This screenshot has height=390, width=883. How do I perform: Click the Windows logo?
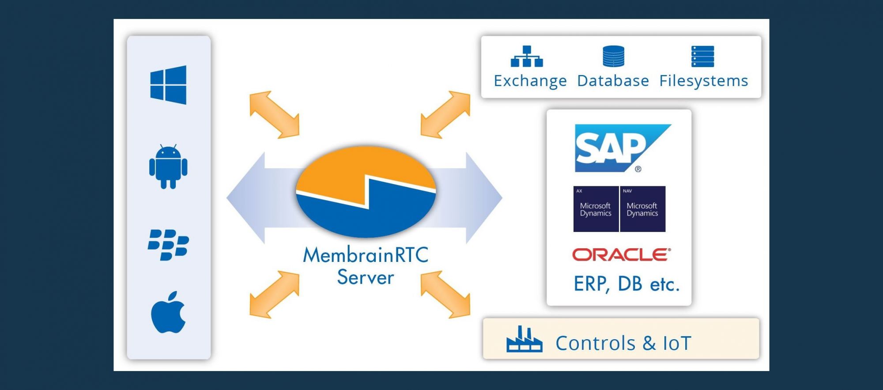(168, 85)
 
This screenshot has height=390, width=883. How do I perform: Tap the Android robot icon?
(168, 167)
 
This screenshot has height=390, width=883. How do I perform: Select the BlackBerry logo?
(168, 245)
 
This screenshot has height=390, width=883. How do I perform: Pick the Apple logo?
(168, 312)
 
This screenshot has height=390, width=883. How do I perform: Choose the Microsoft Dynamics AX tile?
(596, 209)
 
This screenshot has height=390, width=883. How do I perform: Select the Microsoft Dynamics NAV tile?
(643, 209)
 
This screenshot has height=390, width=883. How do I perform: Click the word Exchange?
(530, 81)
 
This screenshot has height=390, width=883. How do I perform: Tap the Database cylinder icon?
(613, 57)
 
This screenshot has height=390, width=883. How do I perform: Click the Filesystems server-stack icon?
(702, 57)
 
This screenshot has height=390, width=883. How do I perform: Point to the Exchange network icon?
(527, 57)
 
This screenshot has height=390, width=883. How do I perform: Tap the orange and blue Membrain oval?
(366, 191)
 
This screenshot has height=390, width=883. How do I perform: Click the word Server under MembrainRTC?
(366, 277)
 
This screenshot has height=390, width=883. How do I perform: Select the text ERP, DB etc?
(626, 284)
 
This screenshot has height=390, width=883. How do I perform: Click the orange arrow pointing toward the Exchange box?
(445, 114)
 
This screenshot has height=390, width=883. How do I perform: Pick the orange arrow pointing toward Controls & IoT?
(445, 294)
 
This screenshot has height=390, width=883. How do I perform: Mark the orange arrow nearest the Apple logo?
(274, 294)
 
